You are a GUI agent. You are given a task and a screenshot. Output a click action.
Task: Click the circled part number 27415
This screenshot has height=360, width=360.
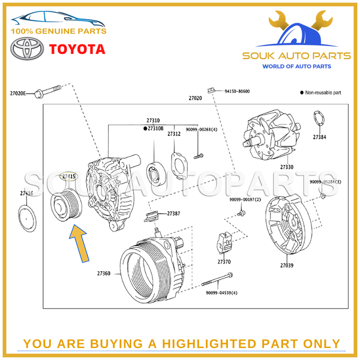pyautogui.click(x=69, y=176)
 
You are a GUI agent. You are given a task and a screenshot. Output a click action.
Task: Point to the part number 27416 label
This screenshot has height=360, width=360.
pyautogui.click(x=26, y=193)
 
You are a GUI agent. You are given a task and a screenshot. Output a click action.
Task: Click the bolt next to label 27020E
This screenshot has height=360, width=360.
pyautogui.click(x=49, y=93)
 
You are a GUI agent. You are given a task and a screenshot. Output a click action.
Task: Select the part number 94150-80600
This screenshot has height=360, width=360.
pyautogui.click(x=237, y=92)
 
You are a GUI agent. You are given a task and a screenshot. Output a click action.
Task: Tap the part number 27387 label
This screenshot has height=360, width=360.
pyautogui.click(x=173, y=213)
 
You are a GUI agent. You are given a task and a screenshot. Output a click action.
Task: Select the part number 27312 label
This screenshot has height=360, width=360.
pyautogui.click(x=174, y=134)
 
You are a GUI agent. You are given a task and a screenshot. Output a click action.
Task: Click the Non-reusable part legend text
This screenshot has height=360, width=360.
pyautogui.click(x=323, y=93)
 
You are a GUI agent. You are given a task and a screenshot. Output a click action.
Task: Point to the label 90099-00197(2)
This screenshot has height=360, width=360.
pyautogui.click(x=245, y=199)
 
